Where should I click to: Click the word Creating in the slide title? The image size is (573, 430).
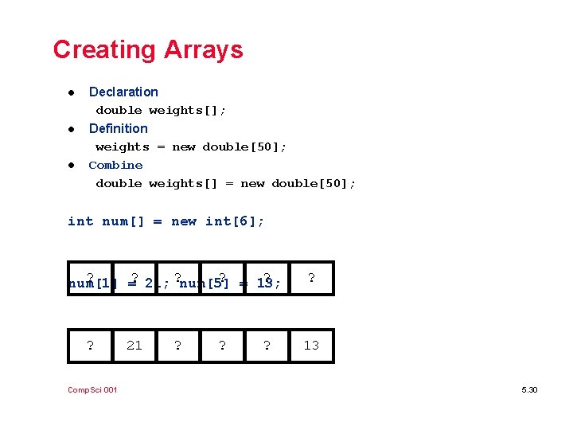click(x=104, y=50)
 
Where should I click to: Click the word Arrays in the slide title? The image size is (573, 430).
click(x=203, y=50)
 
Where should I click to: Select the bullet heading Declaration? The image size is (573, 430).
click(x=123, y=92)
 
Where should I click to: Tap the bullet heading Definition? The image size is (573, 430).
click(x=118, y=128)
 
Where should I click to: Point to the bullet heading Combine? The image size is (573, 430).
click(x=115, y=165)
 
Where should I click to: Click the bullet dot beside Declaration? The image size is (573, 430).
click(x=71, y=92)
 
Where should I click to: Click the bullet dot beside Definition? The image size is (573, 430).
click(x=71, y=129)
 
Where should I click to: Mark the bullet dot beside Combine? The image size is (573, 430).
click(x=71, y=166)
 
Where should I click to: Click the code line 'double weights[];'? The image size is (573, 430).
click(x=161, y=110)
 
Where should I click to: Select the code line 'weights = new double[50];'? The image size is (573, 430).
click(x=191, y=147)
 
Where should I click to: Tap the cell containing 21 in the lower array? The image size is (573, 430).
click(x=134, y=345)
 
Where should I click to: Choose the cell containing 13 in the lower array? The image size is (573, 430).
click(x=311, y=345)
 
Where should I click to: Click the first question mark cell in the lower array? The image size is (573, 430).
click(x=90, y=345)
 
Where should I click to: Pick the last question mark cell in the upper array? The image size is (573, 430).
click(x=311, y=278)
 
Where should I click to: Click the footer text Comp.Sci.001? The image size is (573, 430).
click(x=92, y=389)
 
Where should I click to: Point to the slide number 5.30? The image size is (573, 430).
click(x=529, y=389)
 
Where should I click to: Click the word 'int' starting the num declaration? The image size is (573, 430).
click(x=80, y=221)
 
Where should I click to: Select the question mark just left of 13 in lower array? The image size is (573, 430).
click(x=267, y=345)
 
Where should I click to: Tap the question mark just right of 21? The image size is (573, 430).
click(x=177, y=345)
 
